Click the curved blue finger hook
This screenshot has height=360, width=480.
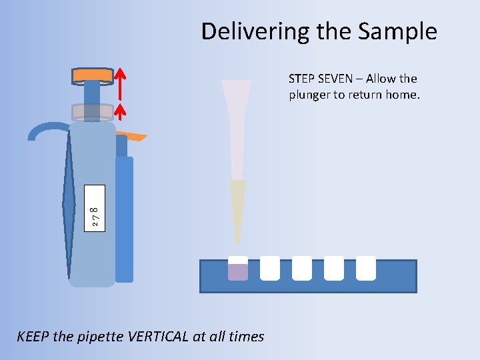click(x=47, y=129)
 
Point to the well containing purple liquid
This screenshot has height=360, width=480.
click(x=238, y=270)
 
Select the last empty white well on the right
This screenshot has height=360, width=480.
click(x=366, y=268)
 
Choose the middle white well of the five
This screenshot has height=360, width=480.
click(x=302, y=268)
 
